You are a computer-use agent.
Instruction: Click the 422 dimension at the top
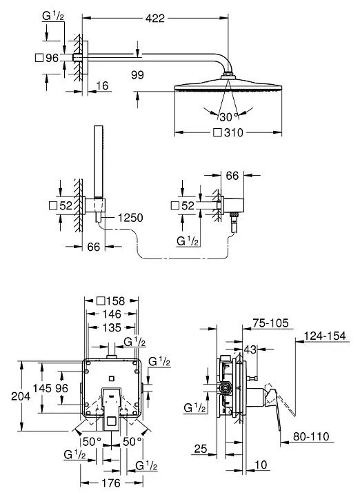click(x=157, y=19)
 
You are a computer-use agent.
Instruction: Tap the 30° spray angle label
click(x=226, y=116)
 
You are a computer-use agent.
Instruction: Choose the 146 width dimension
click(x=111, y=314)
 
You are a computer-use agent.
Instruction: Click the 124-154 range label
click(x=324, y=336)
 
